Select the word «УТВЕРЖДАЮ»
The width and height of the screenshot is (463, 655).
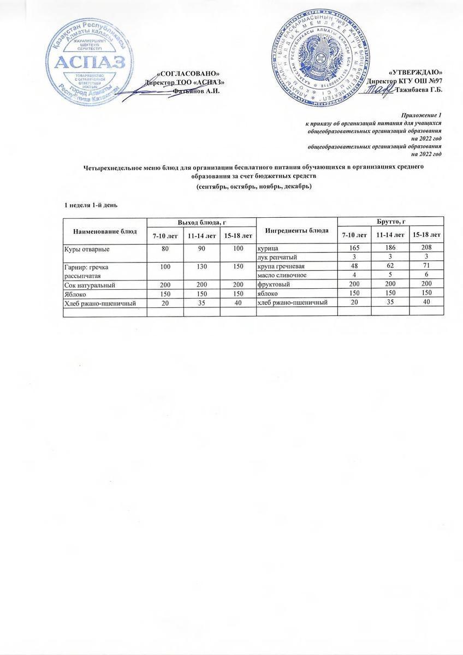pos(415,73)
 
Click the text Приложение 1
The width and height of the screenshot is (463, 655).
pos(421,115)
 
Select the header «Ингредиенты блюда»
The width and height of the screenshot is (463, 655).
pos(296,230)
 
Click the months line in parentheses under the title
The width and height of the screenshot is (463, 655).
pos(254,187)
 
